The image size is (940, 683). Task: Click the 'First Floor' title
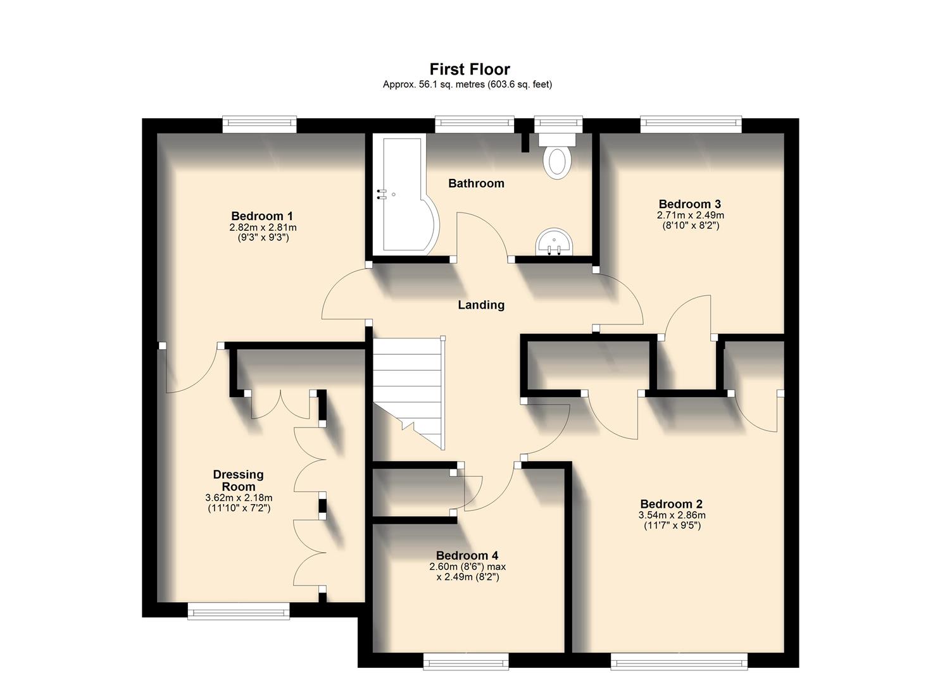(x=469, y=69)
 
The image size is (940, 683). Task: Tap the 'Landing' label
(x=481, y=305)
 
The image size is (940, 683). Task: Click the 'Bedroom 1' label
(x=262, y=216)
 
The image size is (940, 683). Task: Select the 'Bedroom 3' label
(x=689, y=204)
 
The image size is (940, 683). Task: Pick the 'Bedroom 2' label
(x=671, y=504)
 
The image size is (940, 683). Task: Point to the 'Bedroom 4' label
(x=467, y=556)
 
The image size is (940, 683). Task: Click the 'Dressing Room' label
(x=238, y=480)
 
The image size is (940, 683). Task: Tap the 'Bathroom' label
(x=476, y=183)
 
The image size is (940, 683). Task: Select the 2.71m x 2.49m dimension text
(x=690, y=215)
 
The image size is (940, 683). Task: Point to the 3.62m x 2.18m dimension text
(x=239, y=498)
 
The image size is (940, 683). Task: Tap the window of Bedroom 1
(x=259, y=123)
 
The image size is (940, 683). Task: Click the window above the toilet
(x=558, y=123)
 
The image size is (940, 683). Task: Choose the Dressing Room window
(x=238, y=610)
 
